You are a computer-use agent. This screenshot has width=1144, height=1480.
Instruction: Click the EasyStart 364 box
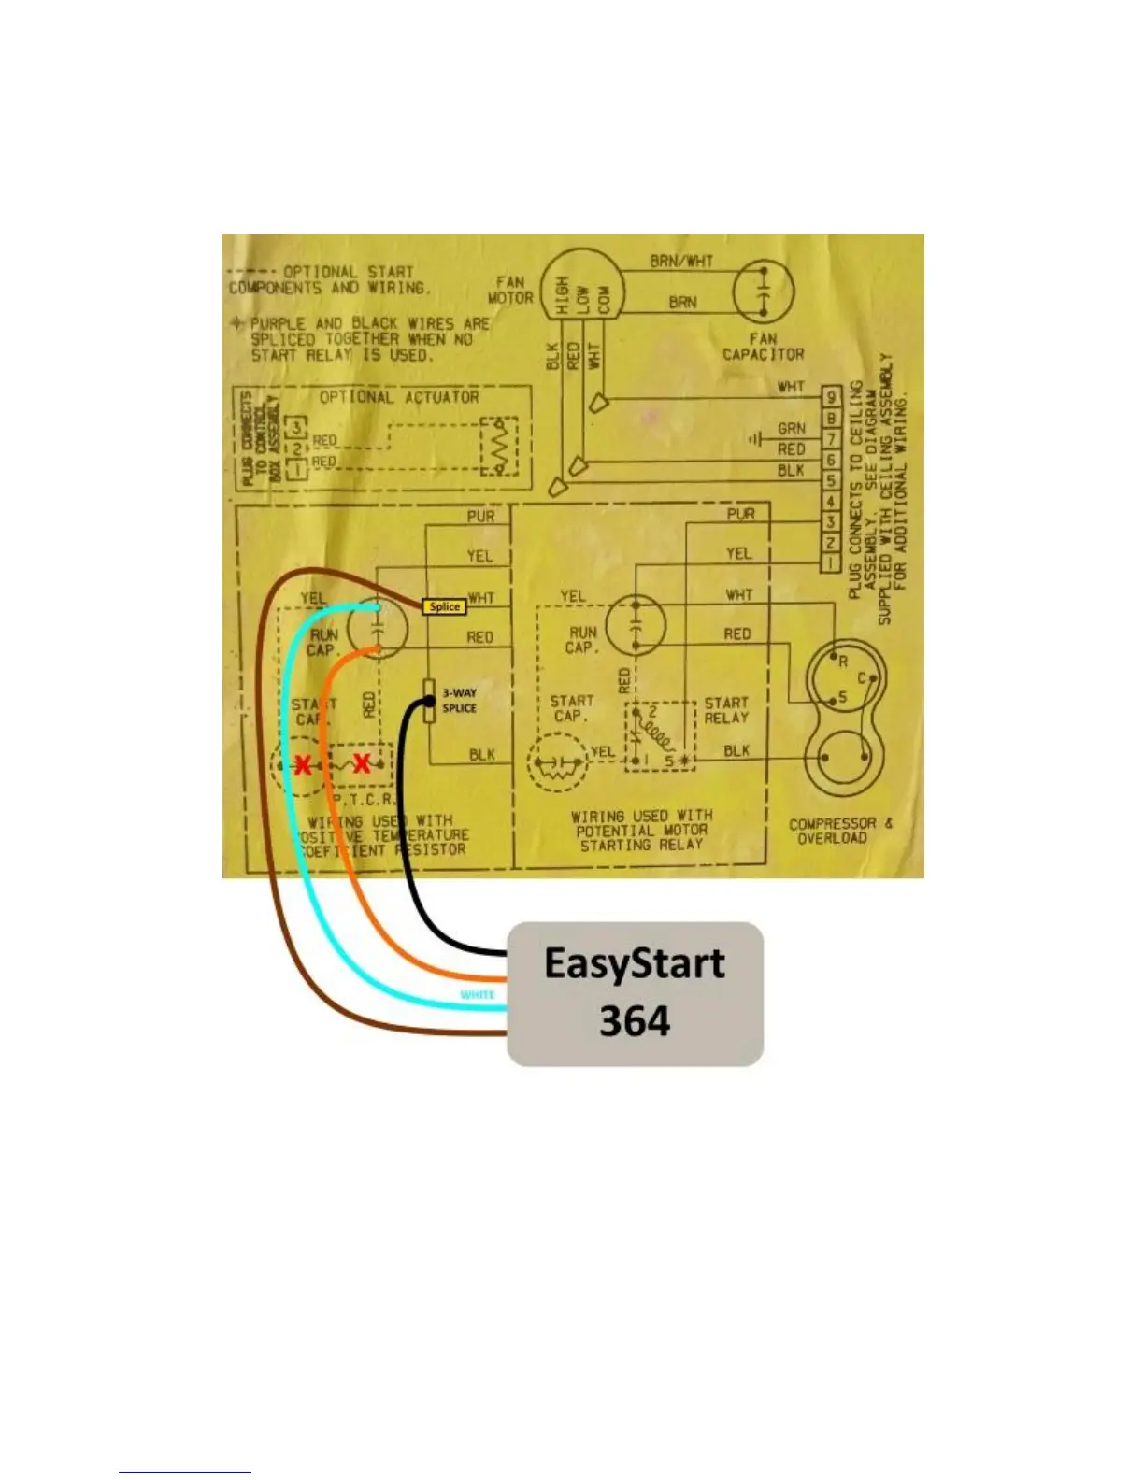point(635,993)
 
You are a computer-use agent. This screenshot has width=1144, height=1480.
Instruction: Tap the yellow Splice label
point(444,606)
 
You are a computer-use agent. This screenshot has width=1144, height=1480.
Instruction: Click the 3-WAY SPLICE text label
point(459,701)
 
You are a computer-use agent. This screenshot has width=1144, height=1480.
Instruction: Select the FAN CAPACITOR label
point(763,347)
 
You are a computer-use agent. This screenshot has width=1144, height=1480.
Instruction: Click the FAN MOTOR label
point(510,290)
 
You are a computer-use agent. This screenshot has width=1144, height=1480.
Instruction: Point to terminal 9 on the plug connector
point(830,397)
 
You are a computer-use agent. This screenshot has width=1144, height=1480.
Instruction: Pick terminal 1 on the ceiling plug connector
point(830,563)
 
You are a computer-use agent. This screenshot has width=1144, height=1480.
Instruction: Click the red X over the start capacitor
point(303,764)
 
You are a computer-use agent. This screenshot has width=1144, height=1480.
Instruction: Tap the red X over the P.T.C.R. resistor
point(362,762)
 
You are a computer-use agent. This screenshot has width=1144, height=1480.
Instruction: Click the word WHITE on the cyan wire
point(478,994)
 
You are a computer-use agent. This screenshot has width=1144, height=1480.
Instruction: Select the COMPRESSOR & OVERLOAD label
point(839,831)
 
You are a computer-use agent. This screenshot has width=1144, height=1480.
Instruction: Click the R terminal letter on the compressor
point(842,662)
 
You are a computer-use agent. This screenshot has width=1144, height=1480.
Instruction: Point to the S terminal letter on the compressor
point(842,696)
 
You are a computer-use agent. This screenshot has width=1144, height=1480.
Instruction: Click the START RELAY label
point(726,710)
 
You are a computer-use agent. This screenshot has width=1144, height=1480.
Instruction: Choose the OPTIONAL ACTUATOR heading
point(399,397)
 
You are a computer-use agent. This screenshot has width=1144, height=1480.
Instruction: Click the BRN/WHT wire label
point(681,262)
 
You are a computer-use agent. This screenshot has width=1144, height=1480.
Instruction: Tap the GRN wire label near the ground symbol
point(791,429)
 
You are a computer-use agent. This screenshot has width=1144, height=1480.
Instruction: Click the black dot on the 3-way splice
point(429,702)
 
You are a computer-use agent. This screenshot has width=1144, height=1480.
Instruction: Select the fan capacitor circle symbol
point(763,292)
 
